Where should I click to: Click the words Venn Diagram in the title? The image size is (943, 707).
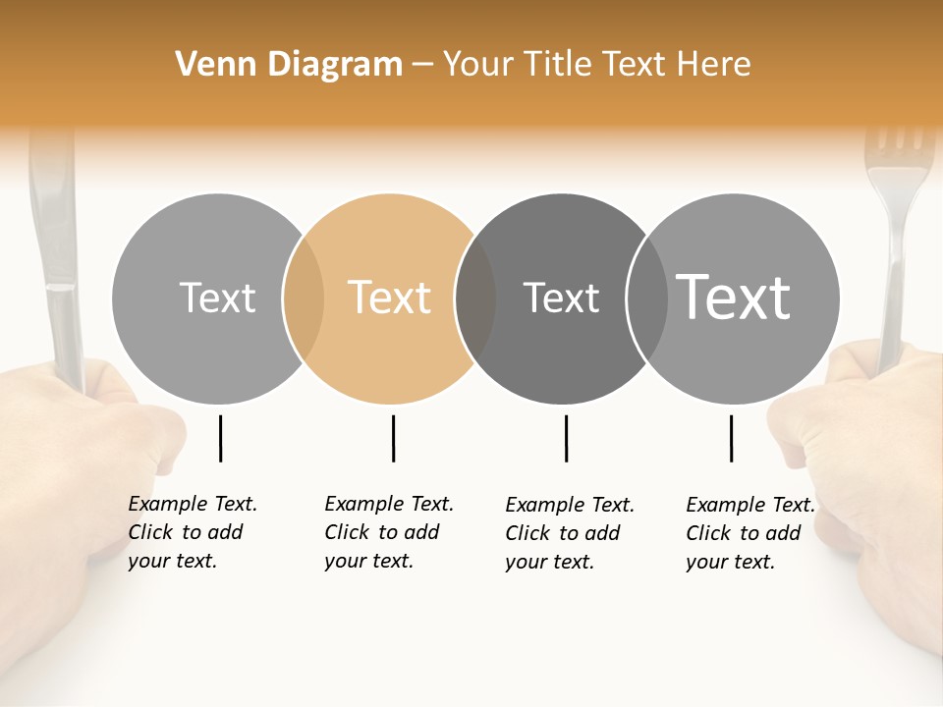pyautogui.click(x=289, y=65)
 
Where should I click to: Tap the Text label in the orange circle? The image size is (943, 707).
pyautogui.click(x=390, y=298)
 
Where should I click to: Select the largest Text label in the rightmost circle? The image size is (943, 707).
pyautogui.click(x=734, y=297)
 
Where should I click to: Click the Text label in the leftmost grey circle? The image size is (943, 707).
pyautogui.click(x=217, y=298)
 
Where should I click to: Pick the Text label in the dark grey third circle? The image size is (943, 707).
pyautogui.click(x=561, y=298)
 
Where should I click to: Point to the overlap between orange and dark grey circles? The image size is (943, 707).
pyautogui.click(x=475, y=298)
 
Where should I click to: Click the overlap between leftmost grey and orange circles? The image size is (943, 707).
pyautogui.click(x=304, y=298)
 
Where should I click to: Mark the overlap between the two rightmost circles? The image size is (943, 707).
pyautogui.click(x=645, y=298)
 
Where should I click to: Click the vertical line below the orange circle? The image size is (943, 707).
pyautogui.click(x=393, y=438)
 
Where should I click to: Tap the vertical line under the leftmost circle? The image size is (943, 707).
pyautogui.click(x=220, y=438)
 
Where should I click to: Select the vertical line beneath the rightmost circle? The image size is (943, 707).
pyautogui.click(x=731, y=438)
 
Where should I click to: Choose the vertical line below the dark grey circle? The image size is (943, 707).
pyautogui.click(x=566, y=438)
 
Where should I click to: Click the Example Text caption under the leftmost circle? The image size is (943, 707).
pyautogui.click(x=192, y=532)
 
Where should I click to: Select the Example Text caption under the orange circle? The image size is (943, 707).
pyautogui.click(x=388, y=532)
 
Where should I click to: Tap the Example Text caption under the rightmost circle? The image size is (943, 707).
pyautogui.click(x=749, y=533)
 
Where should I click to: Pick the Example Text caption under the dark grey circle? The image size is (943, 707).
pyautogui.click(x=569, y=533)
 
